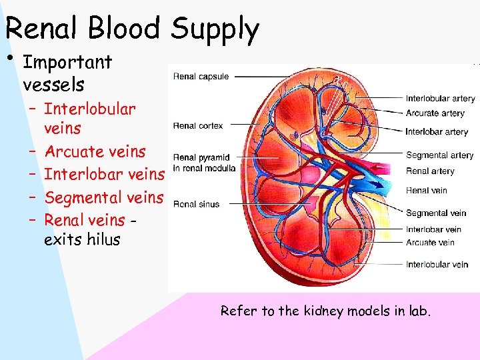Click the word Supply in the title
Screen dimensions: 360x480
[x=214, y=30]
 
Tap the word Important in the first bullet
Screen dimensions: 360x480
[x=67, y=63]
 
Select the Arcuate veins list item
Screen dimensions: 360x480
[x=94, y=151]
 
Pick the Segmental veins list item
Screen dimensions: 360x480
[x=103, y=197]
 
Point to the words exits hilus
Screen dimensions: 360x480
[x=82, y=239]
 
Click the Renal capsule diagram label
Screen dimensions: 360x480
[x=201, y=77]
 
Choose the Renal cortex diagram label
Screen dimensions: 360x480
[x=198, y=125]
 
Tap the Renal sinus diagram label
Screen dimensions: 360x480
[x=196, y=204]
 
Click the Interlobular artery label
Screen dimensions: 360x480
[x=440, y=99]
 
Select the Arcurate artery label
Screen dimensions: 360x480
[x=435, y=113]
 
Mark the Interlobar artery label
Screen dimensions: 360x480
[x=437, y=132]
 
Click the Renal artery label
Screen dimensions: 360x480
[x=430, y=171]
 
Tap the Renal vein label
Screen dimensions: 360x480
[x=427, y=191]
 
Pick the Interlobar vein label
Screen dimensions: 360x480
[x=433, y=230]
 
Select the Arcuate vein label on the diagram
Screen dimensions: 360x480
[x=430, y=243]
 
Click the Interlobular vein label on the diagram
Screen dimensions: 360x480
[x=437, y=265]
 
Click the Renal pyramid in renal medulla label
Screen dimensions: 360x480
[x=204, y=163]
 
